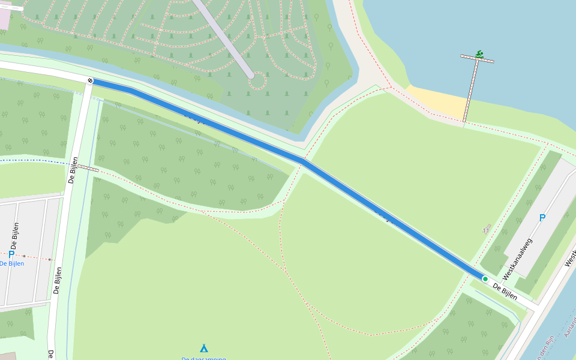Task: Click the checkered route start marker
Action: tap(90, 80)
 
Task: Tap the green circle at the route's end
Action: tap(485, 278)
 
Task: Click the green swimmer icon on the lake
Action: tap(479, 54)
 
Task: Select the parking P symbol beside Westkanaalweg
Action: tap(542, 218)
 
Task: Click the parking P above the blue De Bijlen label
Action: tap(11, 254)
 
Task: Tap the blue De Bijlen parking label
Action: tap(12, 263)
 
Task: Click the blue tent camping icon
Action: tap(204, 348)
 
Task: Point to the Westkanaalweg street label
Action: tap(518, 259)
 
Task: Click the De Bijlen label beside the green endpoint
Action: tap(505, 291)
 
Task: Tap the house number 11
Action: tap(486, 230)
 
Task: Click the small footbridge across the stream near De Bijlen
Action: tap(88, 168)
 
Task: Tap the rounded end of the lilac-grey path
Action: tap(251, 76)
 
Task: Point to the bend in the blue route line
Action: tap(303, 161)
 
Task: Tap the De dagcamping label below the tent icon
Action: tap(204, 358)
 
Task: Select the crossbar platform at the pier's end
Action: tap(477, 59)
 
